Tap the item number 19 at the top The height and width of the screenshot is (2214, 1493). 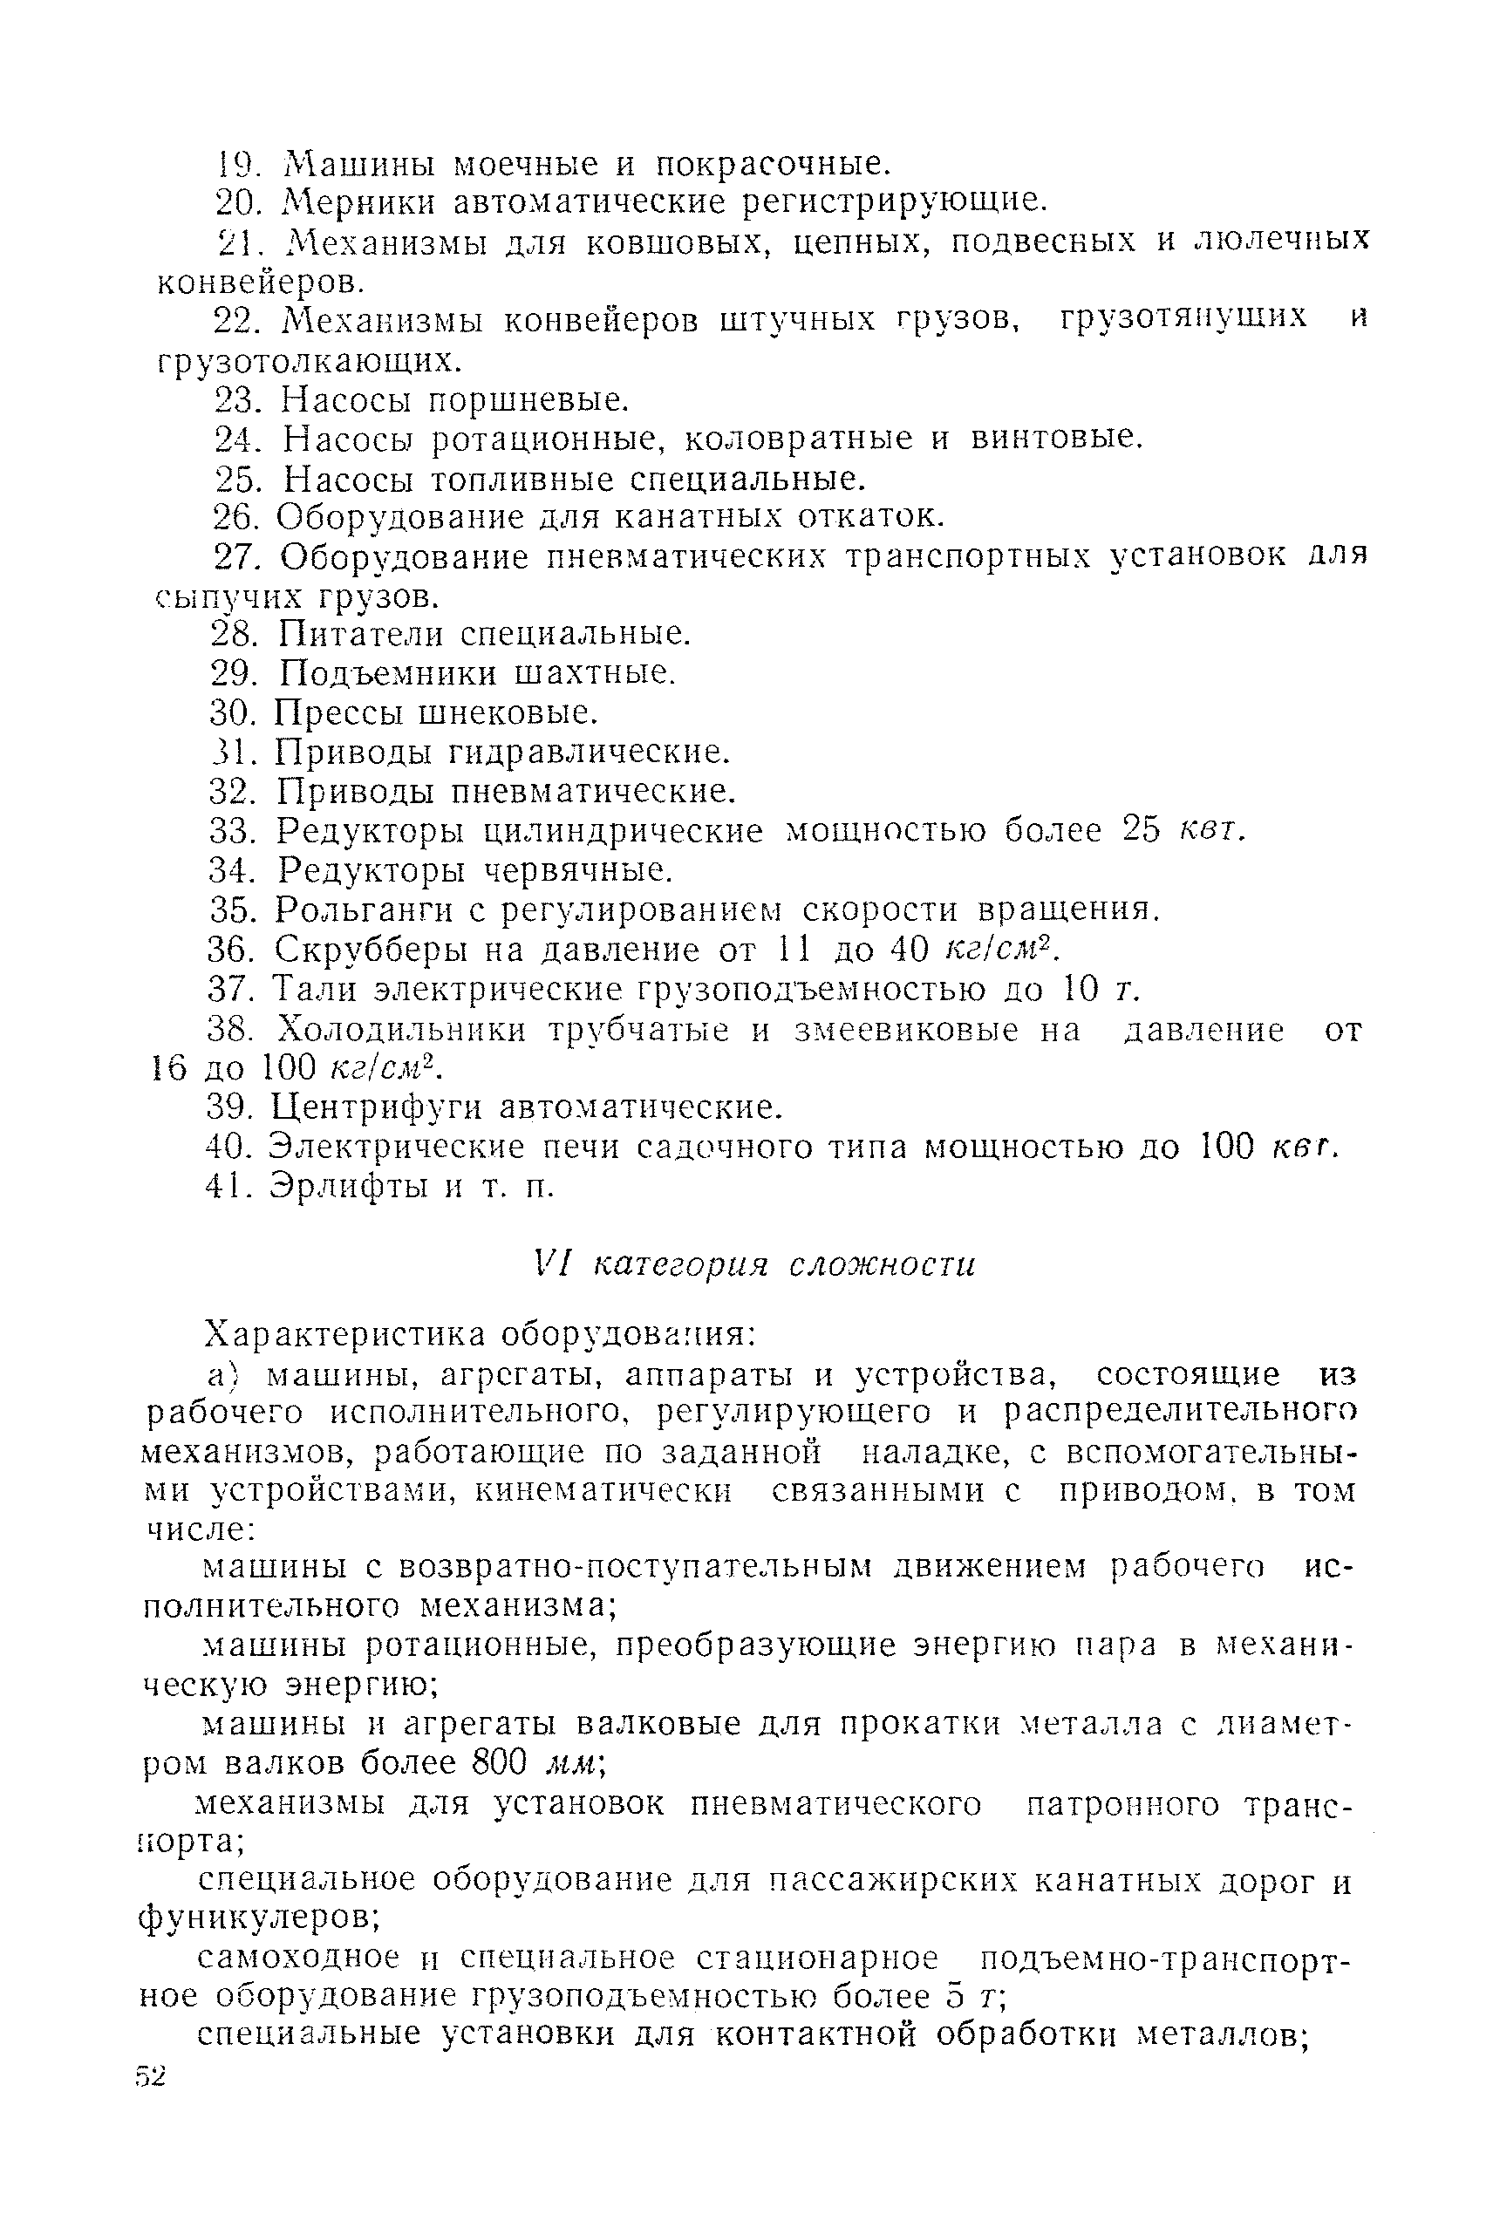pyautogui.click(x=235, y=165)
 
